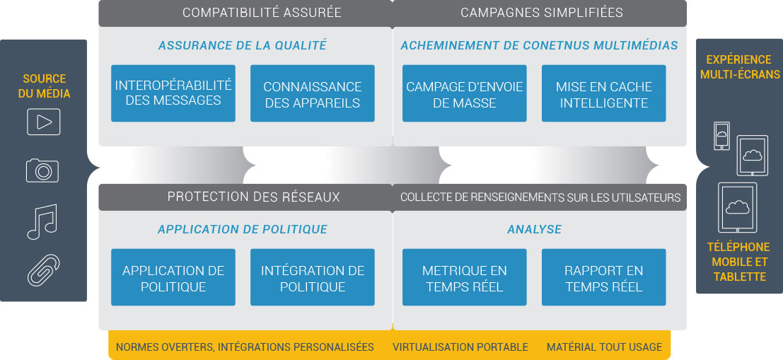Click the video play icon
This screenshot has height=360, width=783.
coord(43,122)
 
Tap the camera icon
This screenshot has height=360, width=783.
coord(42,170)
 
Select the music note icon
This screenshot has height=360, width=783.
coord(42,221)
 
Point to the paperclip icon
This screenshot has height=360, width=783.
coord(43,270)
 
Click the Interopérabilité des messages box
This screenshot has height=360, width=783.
coord(173,93)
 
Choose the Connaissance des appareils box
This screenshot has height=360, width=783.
coord(313,93)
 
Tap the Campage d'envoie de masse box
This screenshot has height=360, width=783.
coord(465,93)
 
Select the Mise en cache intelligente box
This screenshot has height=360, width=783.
coord(604,93)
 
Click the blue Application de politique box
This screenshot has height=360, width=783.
coord(173,277)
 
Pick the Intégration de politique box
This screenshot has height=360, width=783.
coord(313,277)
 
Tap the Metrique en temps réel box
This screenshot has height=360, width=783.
coord(465,277)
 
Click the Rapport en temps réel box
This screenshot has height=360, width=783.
coord(604,277)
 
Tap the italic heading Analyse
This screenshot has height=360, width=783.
coord(534,229)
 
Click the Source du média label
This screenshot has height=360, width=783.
coord(44,86)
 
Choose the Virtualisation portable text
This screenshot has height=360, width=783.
coord(460,347)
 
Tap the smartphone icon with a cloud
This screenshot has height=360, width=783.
coord(721,135)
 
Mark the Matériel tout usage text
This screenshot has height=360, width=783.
coord(604,347)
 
